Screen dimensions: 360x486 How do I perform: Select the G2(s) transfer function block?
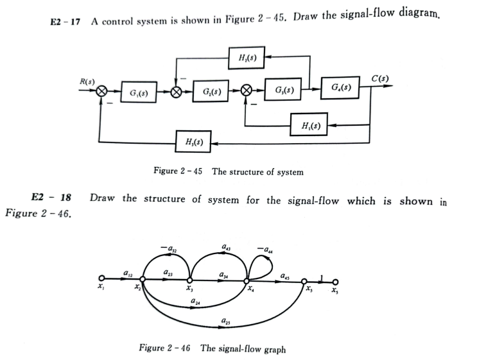click(x=212, y=92)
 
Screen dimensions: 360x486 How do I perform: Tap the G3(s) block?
click(x=284, y=90)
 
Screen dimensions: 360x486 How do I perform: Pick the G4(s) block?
click(x=340, y=87)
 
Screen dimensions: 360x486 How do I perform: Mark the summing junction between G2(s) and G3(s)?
click(x=246, y=91)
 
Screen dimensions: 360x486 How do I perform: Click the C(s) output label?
click(x=380, y=79)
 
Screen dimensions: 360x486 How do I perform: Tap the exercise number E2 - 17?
click(x=64, y=21)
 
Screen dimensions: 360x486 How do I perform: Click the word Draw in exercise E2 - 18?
click(x=102, y=199)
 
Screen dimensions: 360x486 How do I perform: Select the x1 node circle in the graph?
click(x=101, y=279)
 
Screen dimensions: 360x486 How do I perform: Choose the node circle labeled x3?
click(x=190, y=280)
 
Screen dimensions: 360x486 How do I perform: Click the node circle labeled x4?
click(x=247, y=280)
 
